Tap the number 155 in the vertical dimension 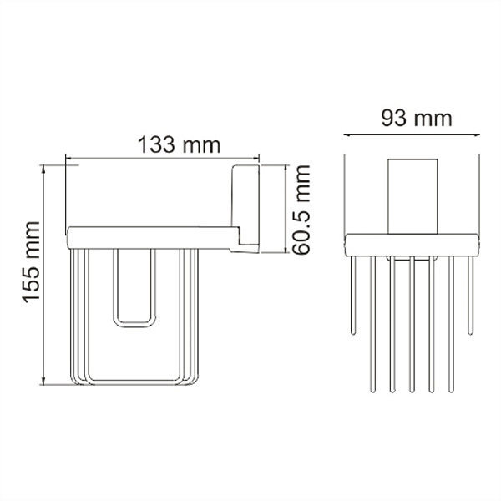(x=31, y=250)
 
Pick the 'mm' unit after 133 (x=203, y=144)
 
